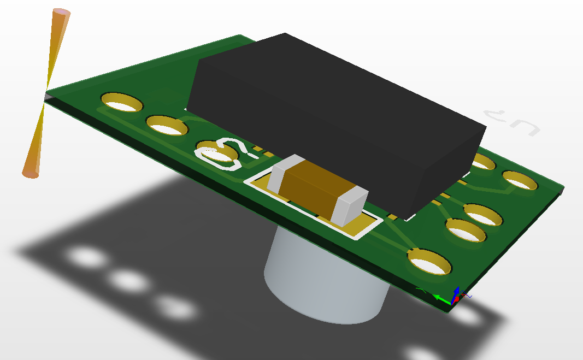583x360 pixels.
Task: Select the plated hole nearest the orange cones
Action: coord(121,102)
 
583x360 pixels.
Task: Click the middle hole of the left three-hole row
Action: coord(167,127)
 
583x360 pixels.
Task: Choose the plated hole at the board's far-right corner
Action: coord(521,181)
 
